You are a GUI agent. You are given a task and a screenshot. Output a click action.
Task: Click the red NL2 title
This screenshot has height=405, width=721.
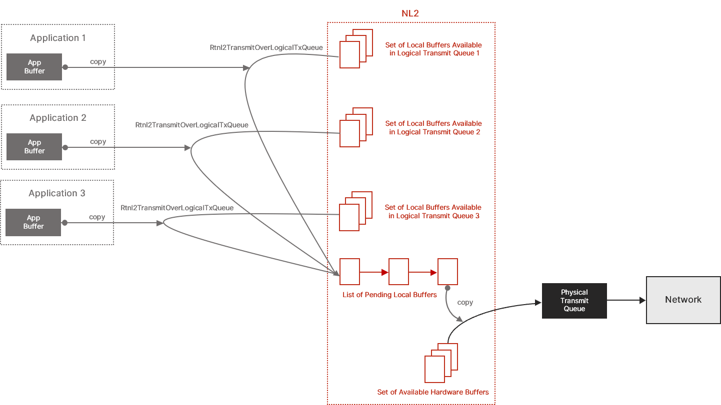410,13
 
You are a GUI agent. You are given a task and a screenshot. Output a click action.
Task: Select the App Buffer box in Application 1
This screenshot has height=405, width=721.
34,67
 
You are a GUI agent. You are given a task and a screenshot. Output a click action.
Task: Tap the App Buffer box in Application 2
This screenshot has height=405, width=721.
34,147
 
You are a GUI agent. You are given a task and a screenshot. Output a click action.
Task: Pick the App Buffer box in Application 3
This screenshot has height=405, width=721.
33,222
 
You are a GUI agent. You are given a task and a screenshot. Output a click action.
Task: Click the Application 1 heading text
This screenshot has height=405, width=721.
58,38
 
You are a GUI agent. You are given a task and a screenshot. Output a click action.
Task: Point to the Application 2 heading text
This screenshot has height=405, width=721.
58,118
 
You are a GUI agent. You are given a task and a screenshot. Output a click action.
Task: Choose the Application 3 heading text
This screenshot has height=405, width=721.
57,193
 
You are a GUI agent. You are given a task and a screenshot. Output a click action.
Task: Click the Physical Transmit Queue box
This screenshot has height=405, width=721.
574,301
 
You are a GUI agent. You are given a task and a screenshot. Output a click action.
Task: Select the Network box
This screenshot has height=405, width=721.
683,300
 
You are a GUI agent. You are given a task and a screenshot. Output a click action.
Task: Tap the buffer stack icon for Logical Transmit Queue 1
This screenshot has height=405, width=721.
356,48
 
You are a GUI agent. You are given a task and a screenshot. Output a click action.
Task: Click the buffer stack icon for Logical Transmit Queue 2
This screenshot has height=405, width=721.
356,127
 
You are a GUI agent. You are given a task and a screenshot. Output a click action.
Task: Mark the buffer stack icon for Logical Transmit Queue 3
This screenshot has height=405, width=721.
355,211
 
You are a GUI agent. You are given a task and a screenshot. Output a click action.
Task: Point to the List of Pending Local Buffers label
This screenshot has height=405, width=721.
389,295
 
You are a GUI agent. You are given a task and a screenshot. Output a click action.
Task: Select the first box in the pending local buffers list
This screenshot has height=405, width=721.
349,272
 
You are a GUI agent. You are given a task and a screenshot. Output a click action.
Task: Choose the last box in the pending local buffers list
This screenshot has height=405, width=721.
447,272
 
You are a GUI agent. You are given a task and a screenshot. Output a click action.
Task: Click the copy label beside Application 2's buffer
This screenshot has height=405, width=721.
98,142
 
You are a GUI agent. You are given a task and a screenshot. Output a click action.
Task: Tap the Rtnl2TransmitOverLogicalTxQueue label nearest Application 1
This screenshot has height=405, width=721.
266,48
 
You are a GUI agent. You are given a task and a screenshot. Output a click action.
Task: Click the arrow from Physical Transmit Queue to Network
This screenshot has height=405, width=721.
626,301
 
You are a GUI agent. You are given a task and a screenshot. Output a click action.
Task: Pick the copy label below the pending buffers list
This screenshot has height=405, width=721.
465,303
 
